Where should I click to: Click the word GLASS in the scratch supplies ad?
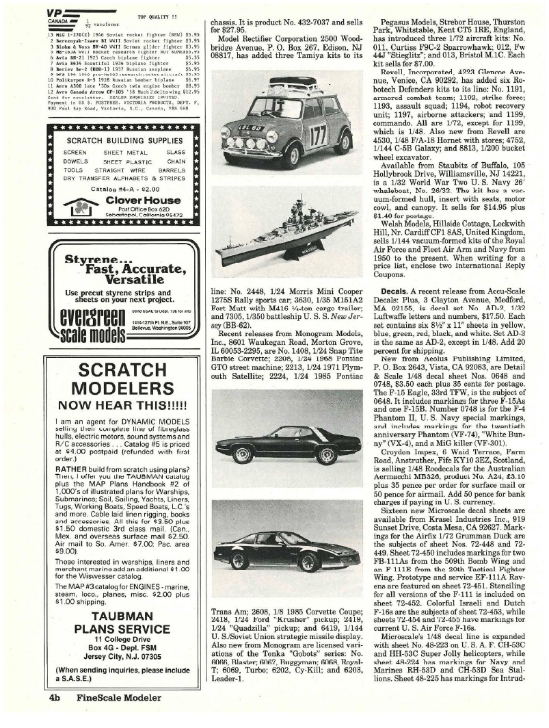[x=176, y=152]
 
